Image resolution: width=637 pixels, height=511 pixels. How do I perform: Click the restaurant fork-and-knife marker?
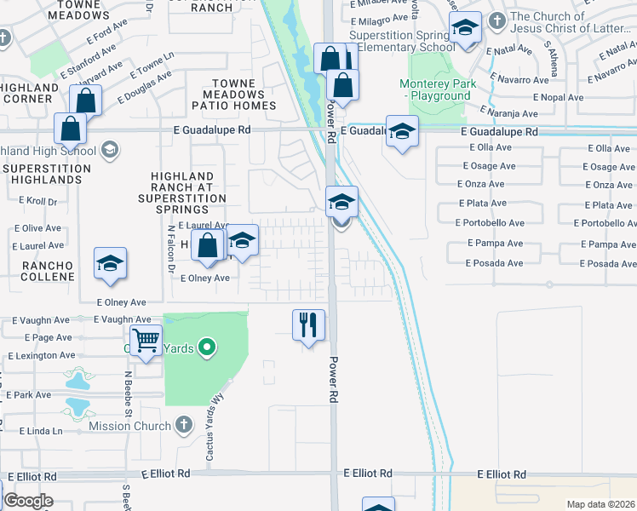[308, 324]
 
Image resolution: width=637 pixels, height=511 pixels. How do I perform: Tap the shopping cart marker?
[146, 342]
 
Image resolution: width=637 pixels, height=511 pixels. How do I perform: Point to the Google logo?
[28, 501]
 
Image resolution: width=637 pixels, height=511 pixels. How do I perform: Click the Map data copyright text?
[601, 504]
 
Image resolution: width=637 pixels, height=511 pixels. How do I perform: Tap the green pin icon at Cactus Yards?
[205, 347]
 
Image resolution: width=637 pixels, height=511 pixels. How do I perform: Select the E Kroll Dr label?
[35, 202]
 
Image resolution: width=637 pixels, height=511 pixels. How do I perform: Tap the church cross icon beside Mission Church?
[183, 423]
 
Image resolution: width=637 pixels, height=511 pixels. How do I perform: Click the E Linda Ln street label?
[34, 432]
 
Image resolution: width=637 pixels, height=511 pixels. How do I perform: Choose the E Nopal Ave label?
[556, 97]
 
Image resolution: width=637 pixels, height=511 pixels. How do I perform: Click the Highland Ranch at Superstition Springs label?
[188, 192]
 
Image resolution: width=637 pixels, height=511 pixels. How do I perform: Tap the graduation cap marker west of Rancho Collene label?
[110, 264]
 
